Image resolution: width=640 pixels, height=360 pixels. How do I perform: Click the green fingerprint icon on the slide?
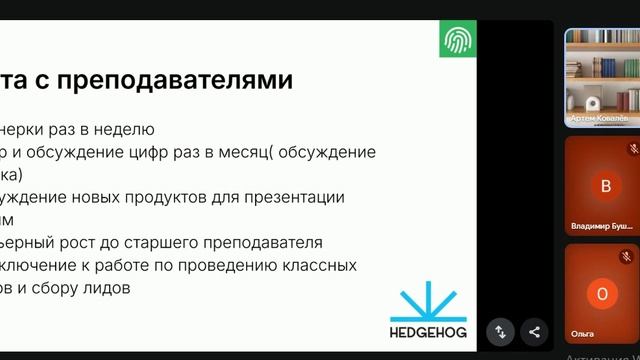pos(458,40)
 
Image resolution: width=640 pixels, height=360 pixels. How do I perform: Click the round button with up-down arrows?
pos(501,332)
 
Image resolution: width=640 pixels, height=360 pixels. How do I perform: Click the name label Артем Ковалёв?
pos(601,119)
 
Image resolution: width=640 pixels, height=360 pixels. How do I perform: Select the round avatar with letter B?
pos(603,185)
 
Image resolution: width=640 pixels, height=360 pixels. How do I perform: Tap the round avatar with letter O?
pos(602,294)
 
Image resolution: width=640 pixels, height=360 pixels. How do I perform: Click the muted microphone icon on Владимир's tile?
pos(632,149)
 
